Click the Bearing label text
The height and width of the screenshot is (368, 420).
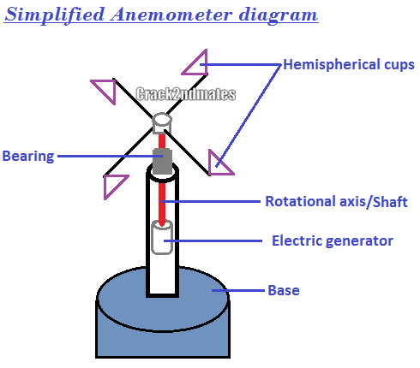click(28, 156)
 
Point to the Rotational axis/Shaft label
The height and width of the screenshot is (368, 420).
click(336, 202)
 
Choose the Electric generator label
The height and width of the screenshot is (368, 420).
click(332, 240)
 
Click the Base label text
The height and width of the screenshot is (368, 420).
click(284, 290)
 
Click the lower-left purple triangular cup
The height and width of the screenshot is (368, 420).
click(111, 184)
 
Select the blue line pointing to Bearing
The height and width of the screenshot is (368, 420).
click(103, 156)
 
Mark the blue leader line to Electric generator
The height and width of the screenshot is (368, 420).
click(214, 240)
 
